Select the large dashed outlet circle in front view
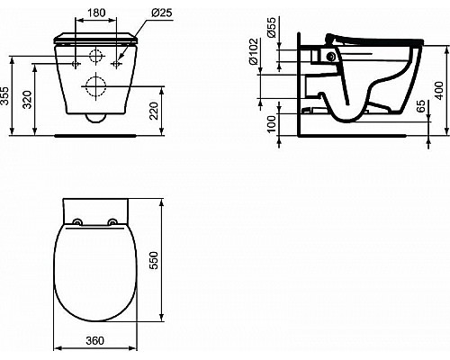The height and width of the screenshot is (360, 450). pyautogui.click(x=94, y=87)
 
